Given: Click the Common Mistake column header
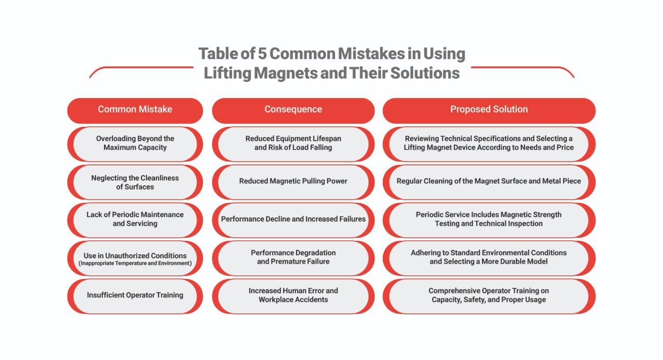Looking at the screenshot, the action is click(x=135, y=110).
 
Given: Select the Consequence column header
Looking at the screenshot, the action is click(x=293, y=110).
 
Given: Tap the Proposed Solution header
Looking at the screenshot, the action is click(x=489, y=110).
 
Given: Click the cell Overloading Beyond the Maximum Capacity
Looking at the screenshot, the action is click(x=135, y=144).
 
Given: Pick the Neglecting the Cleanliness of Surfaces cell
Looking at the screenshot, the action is click(x=135, y=182).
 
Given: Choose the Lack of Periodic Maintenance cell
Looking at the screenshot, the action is click(x=135, y=220).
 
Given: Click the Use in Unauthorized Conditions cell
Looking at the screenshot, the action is click(x=135, y=258).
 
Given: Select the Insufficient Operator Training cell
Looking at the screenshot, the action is click(x=135, y=296).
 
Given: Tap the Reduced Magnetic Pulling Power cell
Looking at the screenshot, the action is click(x=293, y=182).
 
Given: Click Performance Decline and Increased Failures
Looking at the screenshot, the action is click(x=293, y=220).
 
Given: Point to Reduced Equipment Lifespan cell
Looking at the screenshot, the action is click(x=293, y=144).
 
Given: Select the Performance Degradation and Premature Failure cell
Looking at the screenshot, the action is click(x=293, y=258).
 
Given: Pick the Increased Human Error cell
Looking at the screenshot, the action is click(x=293, y=296).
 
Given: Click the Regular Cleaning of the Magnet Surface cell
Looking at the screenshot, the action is click(x=489, y=182).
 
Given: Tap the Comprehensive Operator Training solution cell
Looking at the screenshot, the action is click(x=489, y=296).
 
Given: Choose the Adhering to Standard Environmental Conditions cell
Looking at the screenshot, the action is click(x=489, y=258).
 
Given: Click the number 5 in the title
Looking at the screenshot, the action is click(x=262, y=54).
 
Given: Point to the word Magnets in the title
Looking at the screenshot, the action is click(x=285, y=73).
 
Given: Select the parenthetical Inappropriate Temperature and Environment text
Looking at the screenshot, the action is click(x=135, y=263).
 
